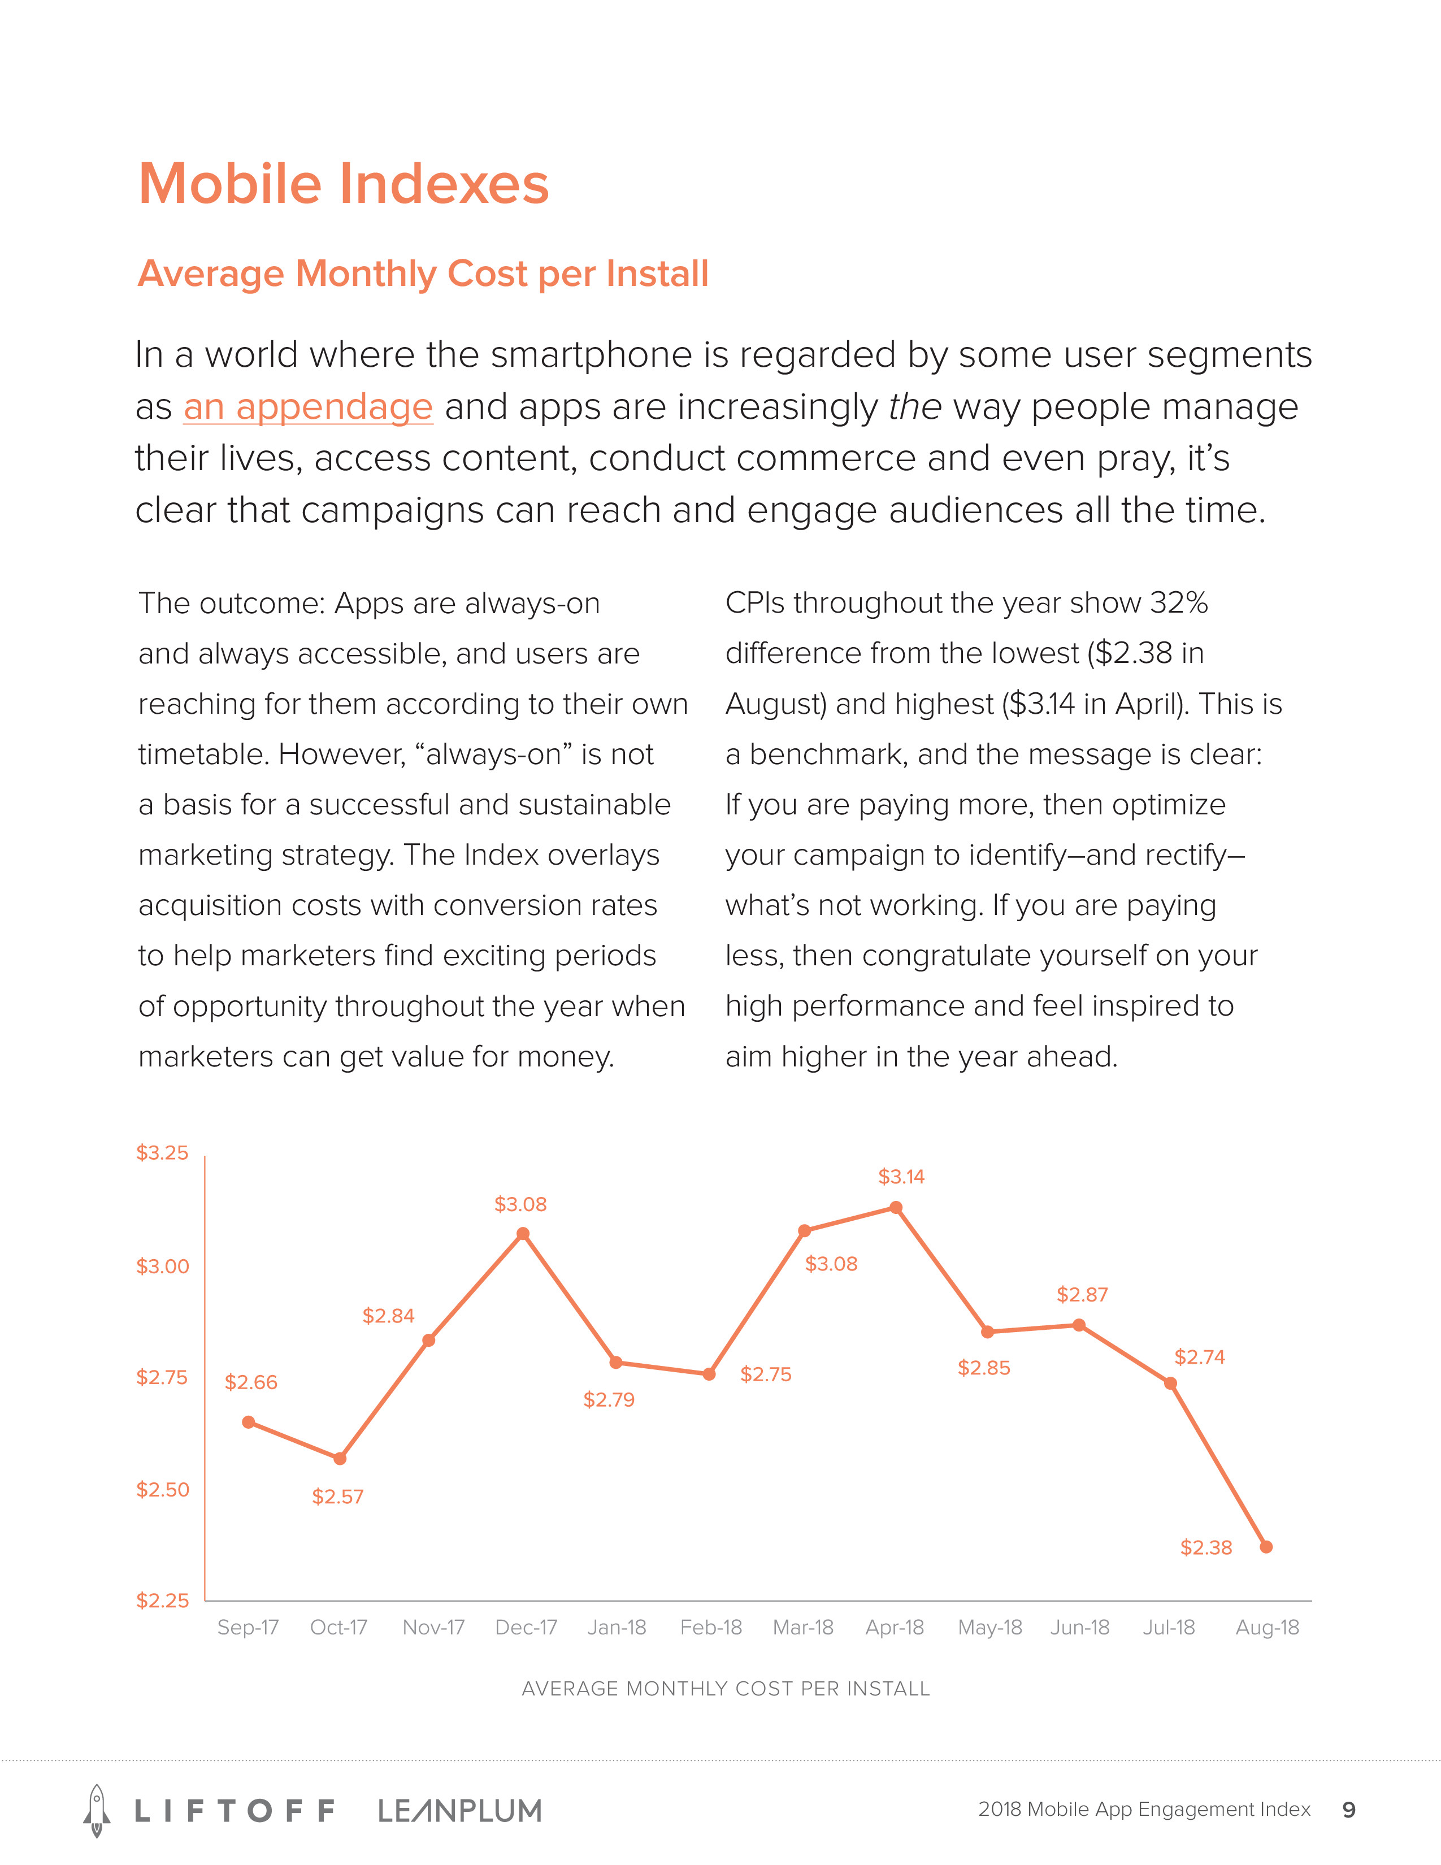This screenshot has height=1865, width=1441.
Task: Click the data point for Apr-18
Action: coord(896,1208)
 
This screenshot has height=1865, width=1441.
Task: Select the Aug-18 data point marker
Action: coord(1266,1546)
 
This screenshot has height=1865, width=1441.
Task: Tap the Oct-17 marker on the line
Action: coord(340,1459)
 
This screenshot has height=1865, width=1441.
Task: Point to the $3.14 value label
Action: coord(901,1177)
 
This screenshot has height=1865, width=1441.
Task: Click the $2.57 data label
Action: coord(337,1496)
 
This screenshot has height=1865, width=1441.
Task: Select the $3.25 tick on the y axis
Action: coord(162,1153)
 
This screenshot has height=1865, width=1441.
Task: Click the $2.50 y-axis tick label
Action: coord(162,1489)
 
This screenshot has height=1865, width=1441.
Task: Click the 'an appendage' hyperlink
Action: coord(307,407)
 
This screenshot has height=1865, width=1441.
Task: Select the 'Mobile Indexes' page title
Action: coord(343,184)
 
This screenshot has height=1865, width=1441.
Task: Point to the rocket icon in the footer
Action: coord(97,1810)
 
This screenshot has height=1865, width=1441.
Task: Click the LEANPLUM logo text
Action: coord(459,1810)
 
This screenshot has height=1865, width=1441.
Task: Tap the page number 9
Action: coord(1349,1810)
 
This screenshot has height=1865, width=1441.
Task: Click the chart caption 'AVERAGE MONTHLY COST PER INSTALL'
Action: coord(725,1688)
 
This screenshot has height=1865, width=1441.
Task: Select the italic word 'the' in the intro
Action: coord(914,407)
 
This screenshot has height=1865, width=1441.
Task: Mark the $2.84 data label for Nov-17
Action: coord(388,1316)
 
